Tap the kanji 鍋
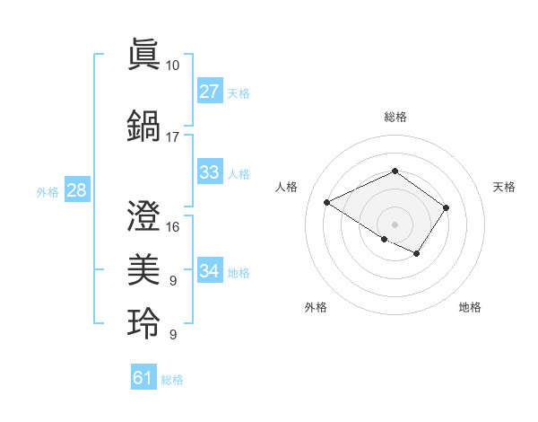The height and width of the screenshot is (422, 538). [144, 124]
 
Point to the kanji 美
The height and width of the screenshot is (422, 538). [144, 268]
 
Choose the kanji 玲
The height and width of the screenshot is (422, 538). [144, 321]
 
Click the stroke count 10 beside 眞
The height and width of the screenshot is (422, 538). [172, 66]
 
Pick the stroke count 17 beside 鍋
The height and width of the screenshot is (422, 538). [172, 137]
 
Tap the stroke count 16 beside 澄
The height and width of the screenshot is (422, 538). [173, 227]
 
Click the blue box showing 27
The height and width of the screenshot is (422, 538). [209, 92]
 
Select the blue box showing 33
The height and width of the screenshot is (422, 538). [209, 172]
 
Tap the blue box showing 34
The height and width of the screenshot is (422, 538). [209, 271]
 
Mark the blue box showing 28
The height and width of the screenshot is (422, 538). [76, 190]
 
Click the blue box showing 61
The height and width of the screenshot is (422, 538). [143, 378]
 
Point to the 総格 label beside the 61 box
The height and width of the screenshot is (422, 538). [172, 380]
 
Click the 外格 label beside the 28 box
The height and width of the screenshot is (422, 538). [48, 191]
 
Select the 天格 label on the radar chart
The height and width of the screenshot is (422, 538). [504, 187]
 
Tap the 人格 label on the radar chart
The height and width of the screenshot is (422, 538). [287, 187]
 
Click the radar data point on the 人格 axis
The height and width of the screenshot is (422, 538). [327, 203]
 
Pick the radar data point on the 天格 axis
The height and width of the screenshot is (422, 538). [446, 208]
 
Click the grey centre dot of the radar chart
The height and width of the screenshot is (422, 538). [395, 224]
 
